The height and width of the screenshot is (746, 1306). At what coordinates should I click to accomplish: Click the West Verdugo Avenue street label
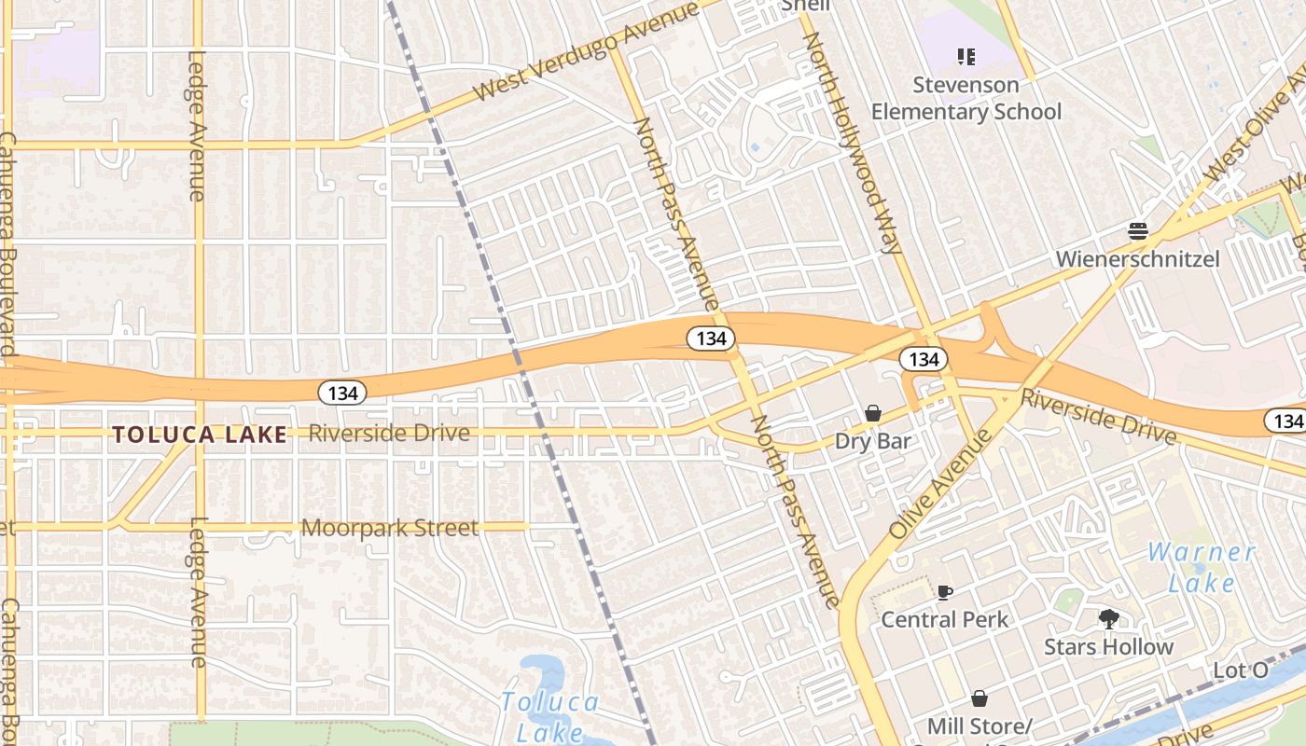[x=586, y=52]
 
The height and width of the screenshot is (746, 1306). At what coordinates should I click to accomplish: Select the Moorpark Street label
[x=389, y=528]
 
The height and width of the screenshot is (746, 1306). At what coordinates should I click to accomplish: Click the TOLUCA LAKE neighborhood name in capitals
[x=200, y=434]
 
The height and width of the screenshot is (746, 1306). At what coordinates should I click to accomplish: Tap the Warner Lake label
[x=1202, y=567]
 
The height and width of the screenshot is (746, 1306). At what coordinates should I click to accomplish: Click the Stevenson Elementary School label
[x=966, y=98]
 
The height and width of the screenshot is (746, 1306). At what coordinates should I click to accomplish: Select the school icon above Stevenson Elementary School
[x=966, y=57]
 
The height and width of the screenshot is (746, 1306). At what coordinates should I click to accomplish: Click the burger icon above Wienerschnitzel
[x=1137, y=230]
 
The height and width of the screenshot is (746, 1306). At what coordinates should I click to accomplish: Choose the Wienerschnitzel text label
[x=1137, y=258]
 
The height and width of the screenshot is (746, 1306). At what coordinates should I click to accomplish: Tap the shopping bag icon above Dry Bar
[x=873, y=412]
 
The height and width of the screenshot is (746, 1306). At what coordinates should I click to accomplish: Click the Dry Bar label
[x=873, y=441]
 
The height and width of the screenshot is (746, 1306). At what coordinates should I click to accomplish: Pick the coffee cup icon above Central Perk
[x=945, y=592]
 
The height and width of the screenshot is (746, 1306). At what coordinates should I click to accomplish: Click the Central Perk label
[x=945, y=619]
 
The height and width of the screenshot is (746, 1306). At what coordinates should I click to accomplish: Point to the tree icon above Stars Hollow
[x=1108, y=618]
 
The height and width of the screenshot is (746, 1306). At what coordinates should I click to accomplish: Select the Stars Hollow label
[x=1108, y=646]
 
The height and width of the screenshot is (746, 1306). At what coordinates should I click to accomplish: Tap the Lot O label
[x=1241, y=670]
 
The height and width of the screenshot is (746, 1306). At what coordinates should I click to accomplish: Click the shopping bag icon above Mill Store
[x=979, y=698]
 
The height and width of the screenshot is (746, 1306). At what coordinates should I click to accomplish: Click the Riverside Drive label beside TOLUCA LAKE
[x=389, y=433]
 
